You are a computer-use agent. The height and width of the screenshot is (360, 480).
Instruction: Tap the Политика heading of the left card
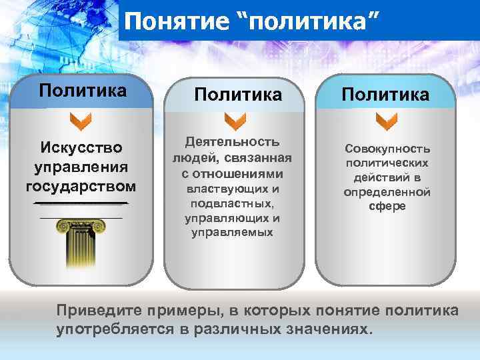(x=83, y=90)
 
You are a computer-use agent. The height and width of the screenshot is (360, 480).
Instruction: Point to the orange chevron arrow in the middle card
(x=235, y=121)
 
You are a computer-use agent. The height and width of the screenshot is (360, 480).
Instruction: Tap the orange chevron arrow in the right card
(x=386, y=121)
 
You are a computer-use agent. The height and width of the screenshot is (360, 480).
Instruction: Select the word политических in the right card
(x=387, y=162)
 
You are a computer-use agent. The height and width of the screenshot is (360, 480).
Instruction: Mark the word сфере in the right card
(x=387, y=206)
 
